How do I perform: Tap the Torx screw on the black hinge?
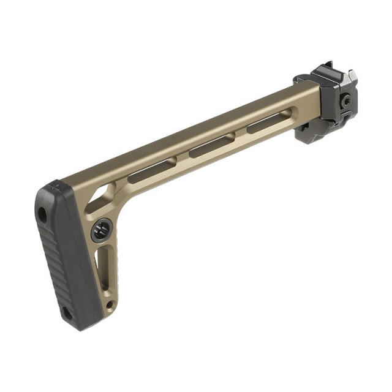coord(347,100)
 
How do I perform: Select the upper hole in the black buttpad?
coord(42,214)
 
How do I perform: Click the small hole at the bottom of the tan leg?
coord(109,304)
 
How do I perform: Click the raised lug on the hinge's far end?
coord(352,76)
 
